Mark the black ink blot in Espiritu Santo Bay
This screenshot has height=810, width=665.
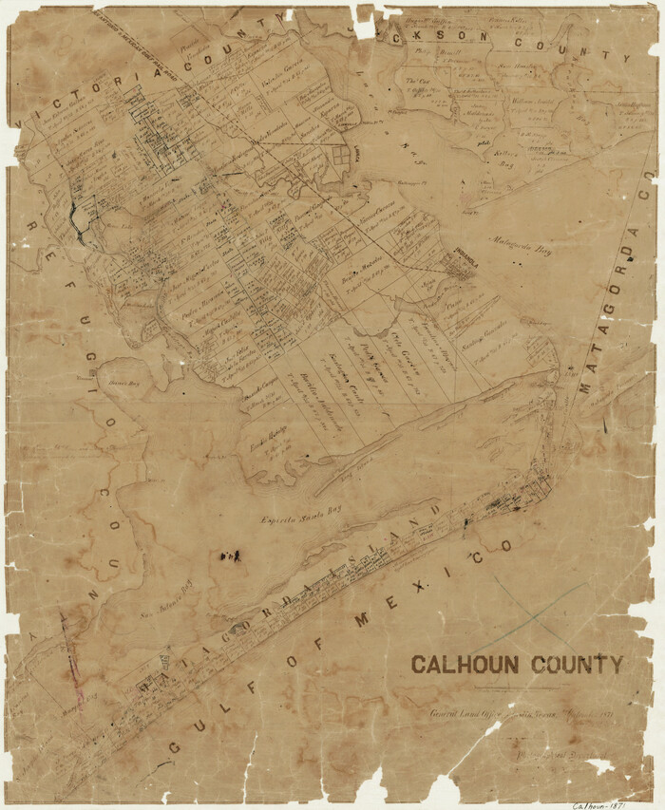tap(229, 555)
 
